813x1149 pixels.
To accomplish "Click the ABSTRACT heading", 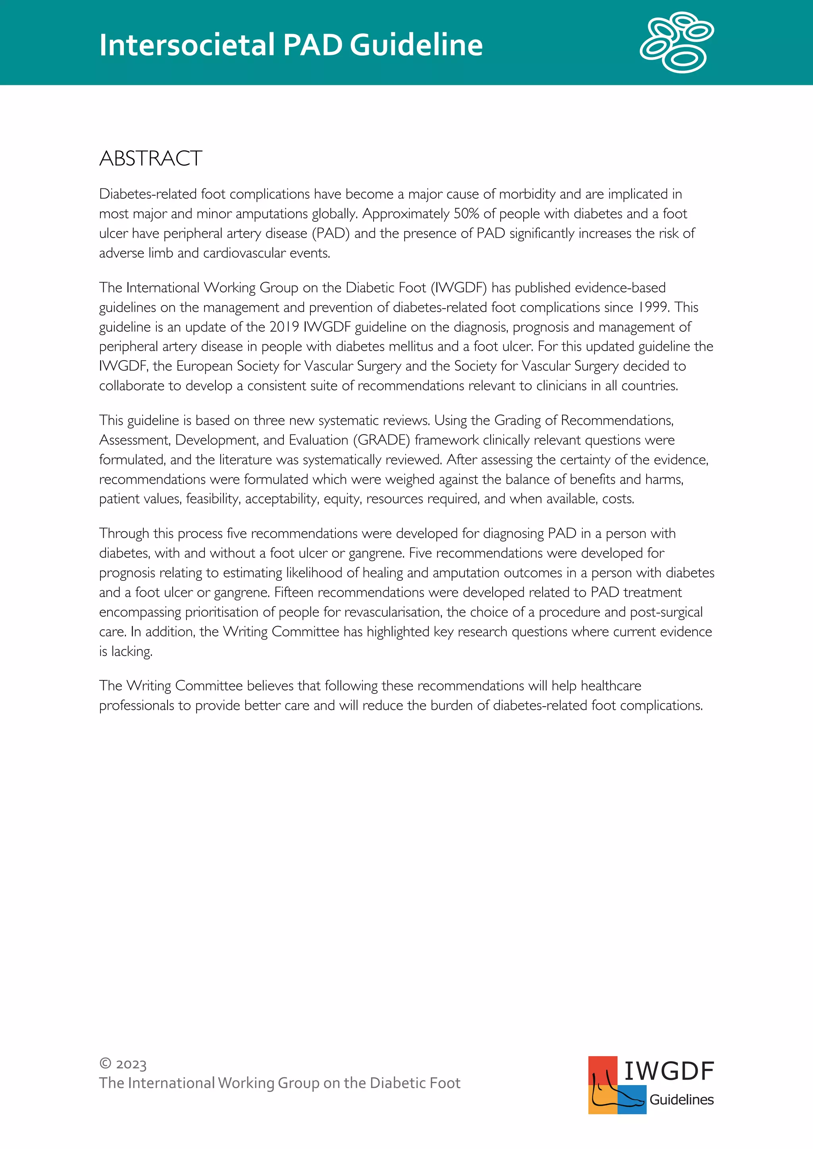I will point(151,159).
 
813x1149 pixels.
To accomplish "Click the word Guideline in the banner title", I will point(416,45).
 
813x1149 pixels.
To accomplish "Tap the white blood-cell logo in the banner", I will point(677,42).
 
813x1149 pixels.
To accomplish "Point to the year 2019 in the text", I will point(284,327).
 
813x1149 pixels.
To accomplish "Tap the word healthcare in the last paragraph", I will point(611,686).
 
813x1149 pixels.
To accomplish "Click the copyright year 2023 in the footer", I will point(131,1064).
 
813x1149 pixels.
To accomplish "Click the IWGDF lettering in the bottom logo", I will point(669,1071).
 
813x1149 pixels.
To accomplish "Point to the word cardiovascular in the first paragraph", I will point(244,253).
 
